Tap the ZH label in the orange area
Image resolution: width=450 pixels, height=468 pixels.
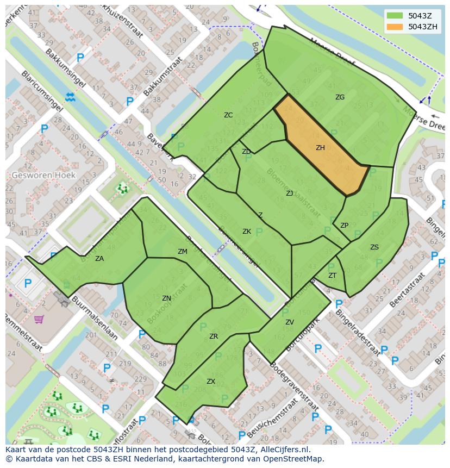tap(320, 148)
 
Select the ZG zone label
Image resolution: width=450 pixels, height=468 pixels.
tap(340, 97)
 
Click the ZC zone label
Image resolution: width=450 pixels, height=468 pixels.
tap(228, 115)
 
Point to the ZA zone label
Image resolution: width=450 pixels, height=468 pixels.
tap(99, 259)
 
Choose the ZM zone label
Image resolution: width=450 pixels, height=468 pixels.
tap(183, 251)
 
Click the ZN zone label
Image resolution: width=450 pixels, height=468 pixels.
tap(166, 298)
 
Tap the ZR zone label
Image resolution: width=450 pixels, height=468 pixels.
tap(214, 336)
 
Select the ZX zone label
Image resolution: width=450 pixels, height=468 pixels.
tap(211, 382)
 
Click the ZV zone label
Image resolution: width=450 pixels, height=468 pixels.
tap(290, 322)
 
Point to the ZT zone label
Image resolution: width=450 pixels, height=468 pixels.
tap(332, 276)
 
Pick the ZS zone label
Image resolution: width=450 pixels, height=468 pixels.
tap(374, 247)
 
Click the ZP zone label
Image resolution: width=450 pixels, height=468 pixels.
tap(344, 226)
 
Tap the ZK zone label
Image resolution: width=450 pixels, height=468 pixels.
tap(247, 232)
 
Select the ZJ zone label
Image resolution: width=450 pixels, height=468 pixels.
tap(290, 193)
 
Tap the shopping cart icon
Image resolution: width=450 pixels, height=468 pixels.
tap(39, 319)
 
